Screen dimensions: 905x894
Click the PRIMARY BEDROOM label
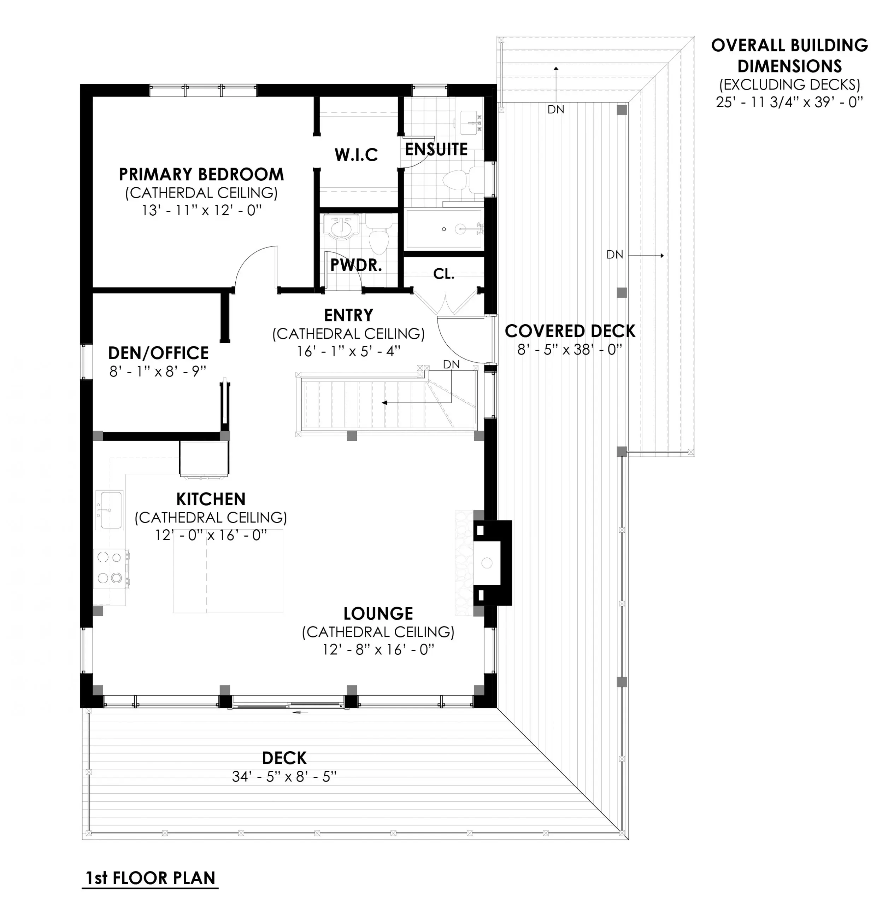tap(201, 174)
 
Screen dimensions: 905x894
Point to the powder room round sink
tap(343, 229)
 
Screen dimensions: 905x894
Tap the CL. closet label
tap(443, 274)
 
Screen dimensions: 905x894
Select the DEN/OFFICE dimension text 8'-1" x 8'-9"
tap(158, 372)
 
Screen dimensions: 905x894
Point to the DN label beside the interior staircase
tap(451, 364)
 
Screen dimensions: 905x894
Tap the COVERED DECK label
tap(570, 331)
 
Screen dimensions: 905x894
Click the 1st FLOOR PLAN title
tap(150, 878)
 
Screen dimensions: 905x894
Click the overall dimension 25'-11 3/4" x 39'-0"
tap(789, 102)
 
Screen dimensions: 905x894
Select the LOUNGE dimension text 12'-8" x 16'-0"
tap(378, 650)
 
